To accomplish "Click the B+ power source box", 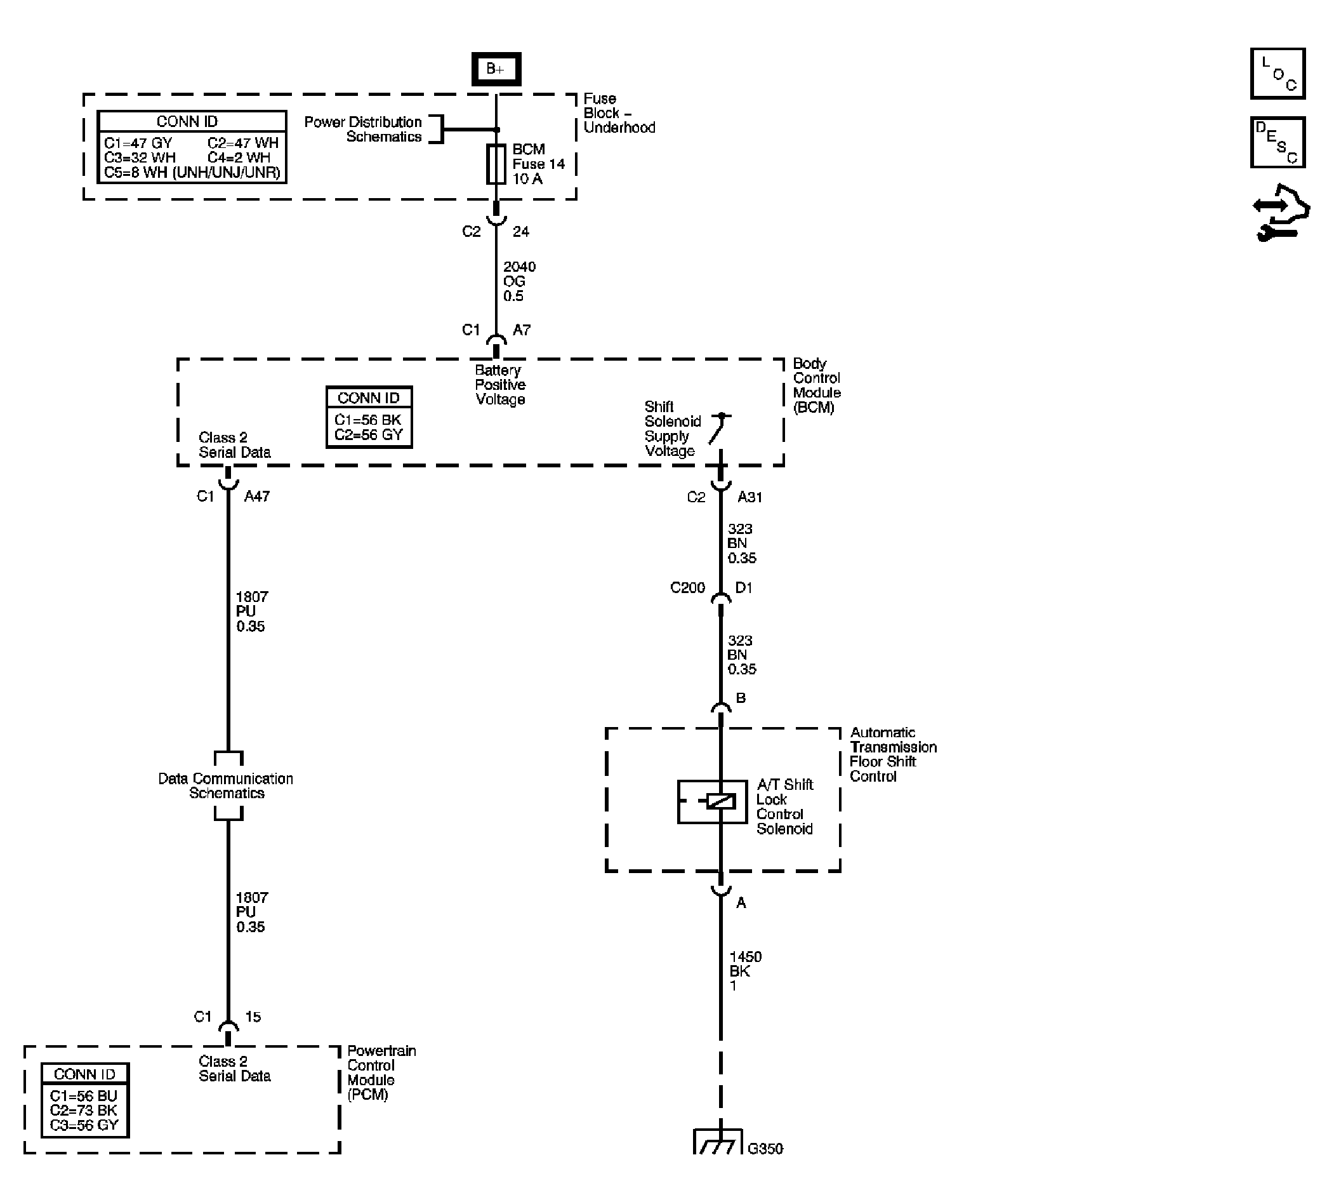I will [x=496, y=69].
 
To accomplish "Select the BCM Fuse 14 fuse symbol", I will [x=496, y=164].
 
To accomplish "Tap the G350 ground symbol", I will [x=718, y=1142].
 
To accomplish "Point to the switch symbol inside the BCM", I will [x=718, y=429].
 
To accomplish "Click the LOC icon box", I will [x=1278, y=73].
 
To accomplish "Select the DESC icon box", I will [x=1278, y=143].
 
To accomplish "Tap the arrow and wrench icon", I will [x=1281, y=213].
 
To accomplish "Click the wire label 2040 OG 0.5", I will [x=519, y=281].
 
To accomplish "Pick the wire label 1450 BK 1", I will [x=744, y=971].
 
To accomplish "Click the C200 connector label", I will [x=687, y=588].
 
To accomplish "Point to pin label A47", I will [x=257, y=497].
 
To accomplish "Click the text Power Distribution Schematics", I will [x=363, y=130].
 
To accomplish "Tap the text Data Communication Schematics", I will [x=226, y=786].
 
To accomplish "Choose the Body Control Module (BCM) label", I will [x=816, y=385].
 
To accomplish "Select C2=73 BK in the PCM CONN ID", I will [x=84, y=1110].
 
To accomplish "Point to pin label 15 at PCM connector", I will [x=253, y=1017].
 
